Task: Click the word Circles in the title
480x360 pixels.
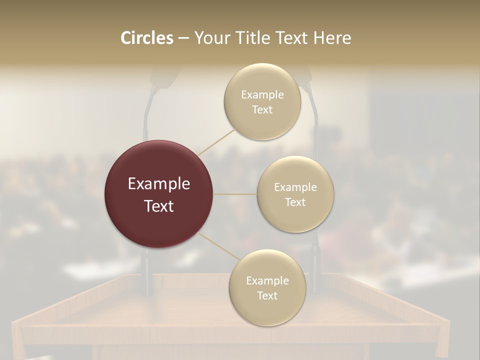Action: tap(146, 38)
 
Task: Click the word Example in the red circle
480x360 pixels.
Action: tap(158, 184)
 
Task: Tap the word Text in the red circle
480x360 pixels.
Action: tap(158, 206)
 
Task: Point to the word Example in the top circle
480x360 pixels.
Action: tap(262, 95)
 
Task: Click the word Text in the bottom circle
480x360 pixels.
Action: tap(267, 296)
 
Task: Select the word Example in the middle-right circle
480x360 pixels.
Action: tap(295, 187)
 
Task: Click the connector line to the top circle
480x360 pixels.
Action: tap(216, 141)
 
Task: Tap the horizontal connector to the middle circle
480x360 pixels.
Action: tap(235, 194)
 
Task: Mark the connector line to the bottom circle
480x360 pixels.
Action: tap(218, 246)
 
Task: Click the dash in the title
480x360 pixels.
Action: tap(183, 38)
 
